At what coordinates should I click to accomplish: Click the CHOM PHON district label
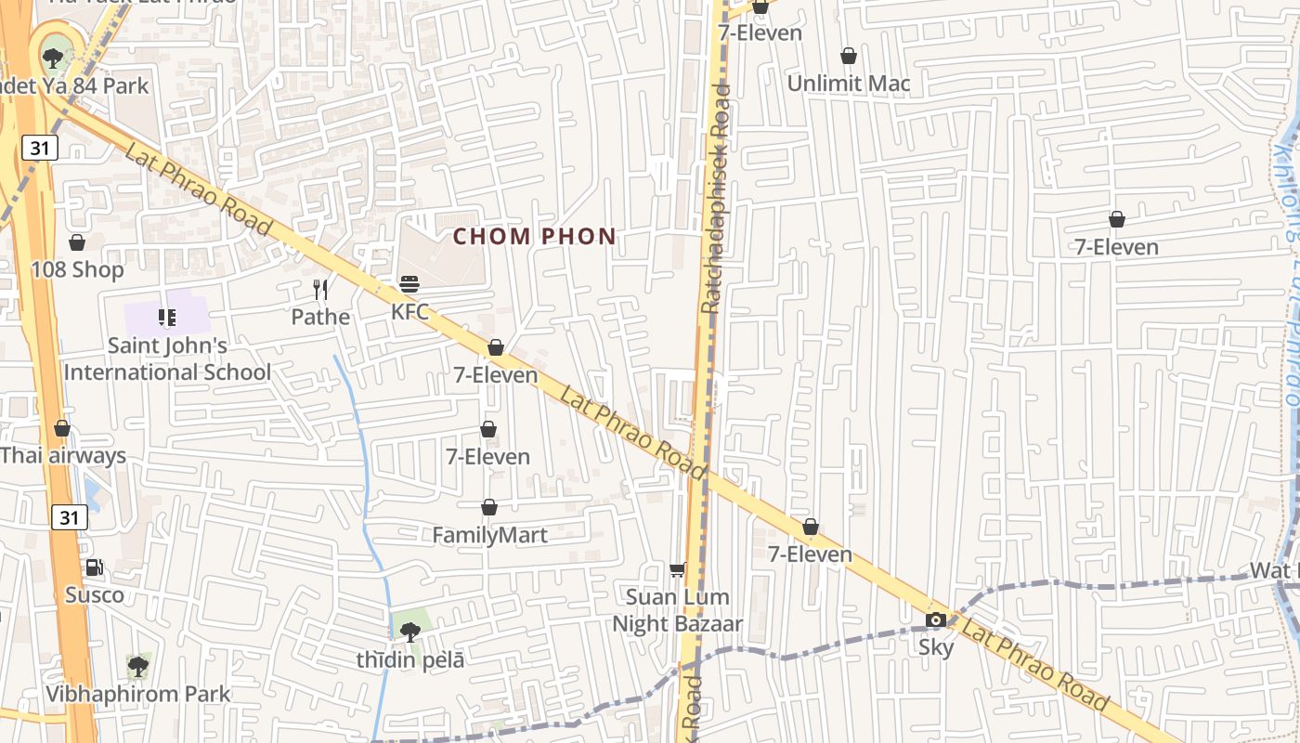click(x=535, y=237)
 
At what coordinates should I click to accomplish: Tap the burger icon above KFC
click(x=409, y=283)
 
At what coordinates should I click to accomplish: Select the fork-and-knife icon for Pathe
click(x=320, y=290)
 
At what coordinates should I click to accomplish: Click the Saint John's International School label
click(x=168, y=358)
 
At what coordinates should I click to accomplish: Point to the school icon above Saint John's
click(x=167, y=319)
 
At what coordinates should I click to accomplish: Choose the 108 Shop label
click(x=77, y=270)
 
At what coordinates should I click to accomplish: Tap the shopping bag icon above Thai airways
click(x=62, y=428)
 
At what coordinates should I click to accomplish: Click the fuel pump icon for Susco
click(x=94, y=567)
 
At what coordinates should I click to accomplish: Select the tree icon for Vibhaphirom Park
click(x=138, y=666)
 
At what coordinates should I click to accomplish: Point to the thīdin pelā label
click(x=410, y=660)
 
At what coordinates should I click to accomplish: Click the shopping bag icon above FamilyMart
click(x=489, y=507)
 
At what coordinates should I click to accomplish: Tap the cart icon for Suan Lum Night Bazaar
click(x=677, y=568)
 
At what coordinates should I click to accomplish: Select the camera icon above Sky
click(x=936, y=619)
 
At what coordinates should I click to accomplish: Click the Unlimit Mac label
click(x=849, y=84)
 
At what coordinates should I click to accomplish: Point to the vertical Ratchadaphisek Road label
click(x=716, y=200)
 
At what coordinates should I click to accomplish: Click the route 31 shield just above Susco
click(x=70, y=517)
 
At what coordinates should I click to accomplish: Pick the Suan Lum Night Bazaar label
click(x=677, y=610)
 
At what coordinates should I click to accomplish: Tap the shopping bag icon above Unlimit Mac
click(x=848, y=56)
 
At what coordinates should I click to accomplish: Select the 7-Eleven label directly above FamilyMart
click(x=487, y=457)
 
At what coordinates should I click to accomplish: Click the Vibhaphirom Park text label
click(x=138, y=694)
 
